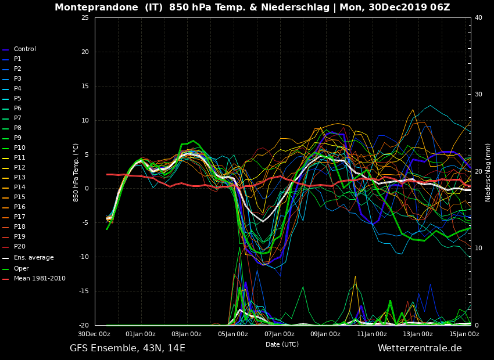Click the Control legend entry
[24, 49]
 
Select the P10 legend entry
[20, 148]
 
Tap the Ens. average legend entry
[33, 258]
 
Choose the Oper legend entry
[21, 269]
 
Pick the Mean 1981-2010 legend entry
[39, 279]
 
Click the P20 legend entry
[20, 247]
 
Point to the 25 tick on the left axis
[85, 18]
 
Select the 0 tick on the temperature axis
[87, 189]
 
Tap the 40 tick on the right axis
[478, 18]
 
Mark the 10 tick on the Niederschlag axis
[478, 249]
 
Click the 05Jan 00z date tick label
[232, 334]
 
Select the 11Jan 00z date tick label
[371, 334]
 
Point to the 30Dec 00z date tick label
[94, 334]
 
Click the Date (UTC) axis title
[282, 344]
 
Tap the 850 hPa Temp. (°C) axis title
[76, 172]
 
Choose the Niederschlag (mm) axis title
[488, 172]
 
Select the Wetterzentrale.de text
[420, 348]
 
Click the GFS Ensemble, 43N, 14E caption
[127, 348]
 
